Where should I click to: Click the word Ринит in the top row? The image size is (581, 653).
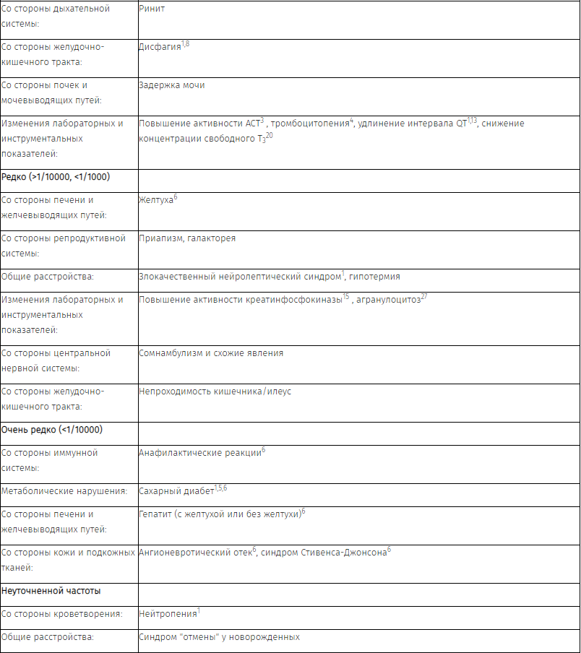click(x=151, y=9)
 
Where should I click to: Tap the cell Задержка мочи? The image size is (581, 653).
click(x=171, y=85)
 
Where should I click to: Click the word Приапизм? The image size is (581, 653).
click(x=159, y=238)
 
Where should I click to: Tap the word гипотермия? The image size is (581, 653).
click(x=374, y=277)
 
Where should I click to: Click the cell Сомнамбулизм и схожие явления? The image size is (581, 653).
click(x=211, y=353)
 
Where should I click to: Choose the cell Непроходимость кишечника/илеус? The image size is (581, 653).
click(x=215, y=392)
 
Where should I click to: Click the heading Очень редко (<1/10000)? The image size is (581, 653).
click(x=52, y=429)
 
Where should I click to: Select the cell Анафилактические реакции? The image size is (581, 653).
click(x=199, y=453)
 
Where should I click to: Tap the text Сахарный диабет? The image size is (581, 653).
click(x=176, y=491)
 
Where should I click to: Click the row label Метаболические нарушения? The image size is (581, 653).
click(x=64, y=491)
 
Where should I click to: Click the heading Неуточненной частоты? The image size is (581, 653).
click(x=51, y=590)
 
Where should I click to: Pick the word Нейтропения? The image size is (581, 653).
click(x=167, y=614)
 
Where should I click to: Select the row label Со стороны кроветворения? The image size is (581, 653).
click(x=61, y=614)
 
